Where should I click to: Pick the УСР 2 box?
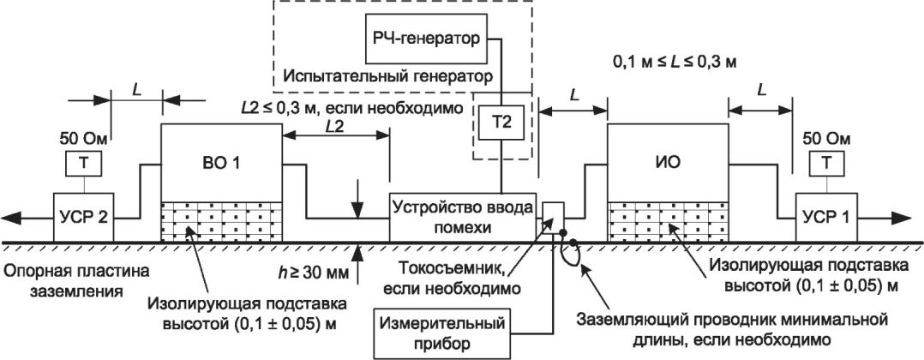point(83,217)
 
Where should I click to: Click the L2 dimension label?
point(336,126)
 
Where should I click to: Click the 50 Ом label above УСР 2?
point(82,137)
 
